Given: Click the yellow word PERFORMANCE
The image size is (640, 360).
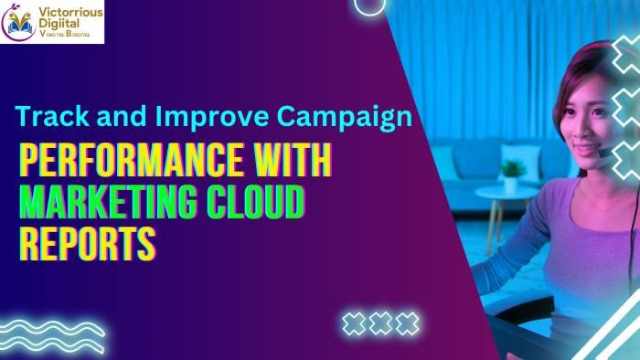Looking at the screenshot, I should point(132,162).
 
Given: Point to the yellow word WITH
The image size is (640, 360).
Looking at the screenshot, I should point(292,162).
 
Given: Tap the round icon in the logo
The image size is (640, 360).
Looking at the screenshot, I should point(19,22).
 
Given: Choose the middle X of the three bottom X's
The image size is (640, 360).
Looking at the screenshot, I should point(380,323).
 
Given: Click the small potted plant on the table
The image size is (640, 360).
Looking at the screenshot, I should point(513,173).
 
